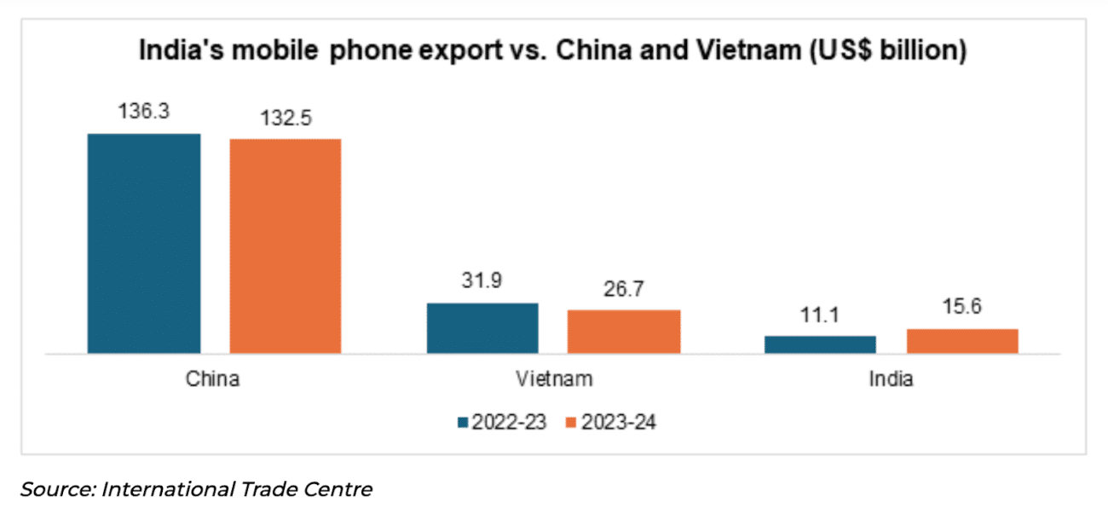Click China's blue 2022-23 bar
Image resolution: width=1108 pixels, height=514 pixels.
pyautogui.click(x=144, y=243)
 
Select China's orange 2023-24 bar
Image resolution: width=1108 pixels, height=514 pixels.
pyautogui.click(x=285, y=245)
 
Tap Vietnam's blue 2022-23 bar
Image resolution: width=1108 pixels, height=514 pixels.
pyautogui.click(x=482, y=327)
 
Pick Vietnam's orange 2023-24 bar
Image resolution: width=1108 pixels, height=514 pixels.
pyautogui.click(x=624, y=331)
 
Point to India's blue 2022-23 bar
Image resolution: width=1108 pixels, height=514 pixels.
pyautogui.click(x=820, y=344)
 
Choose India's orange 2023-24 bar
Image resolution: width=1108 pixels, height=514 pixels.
pyautogui.click(x=962, y=340)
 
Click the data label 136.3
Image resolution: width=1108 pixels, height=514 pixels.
pyautogui.click(x=143, y=113)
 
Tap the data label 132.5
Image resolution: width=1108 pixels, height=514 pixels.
pyautogui.click(x=285, y=118)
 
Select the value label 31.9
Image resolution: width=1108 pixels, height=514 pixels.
pyautogui.click(x=482, y=282)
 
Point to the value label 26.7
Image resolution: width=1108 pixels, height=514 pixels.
pyautogui.click(x=624, y=289)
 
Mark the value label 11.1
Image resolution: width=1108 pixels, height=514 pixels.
pyautogui.click(x=820, y=315)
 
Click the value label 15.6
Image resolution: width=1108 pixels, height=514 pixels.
pyautogui.click(x=962, y=308)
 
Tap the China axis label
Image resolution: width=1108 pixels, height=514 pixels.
pyautogui.click(x=213, y=379)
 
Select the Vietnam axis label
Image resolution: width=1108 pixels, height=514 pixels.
pyautogui.click(x=553, y=379)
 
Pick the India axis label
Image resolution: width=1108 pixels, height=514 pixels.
pyautogui.click(x=891, y=379)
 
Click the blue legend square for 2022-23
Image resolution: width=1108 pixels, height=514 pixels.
pyautogui.click(x=464, y=423)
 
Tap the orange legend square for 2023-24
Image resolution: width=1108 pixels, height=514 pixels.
pyautogui.click(x=572, y=423)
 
